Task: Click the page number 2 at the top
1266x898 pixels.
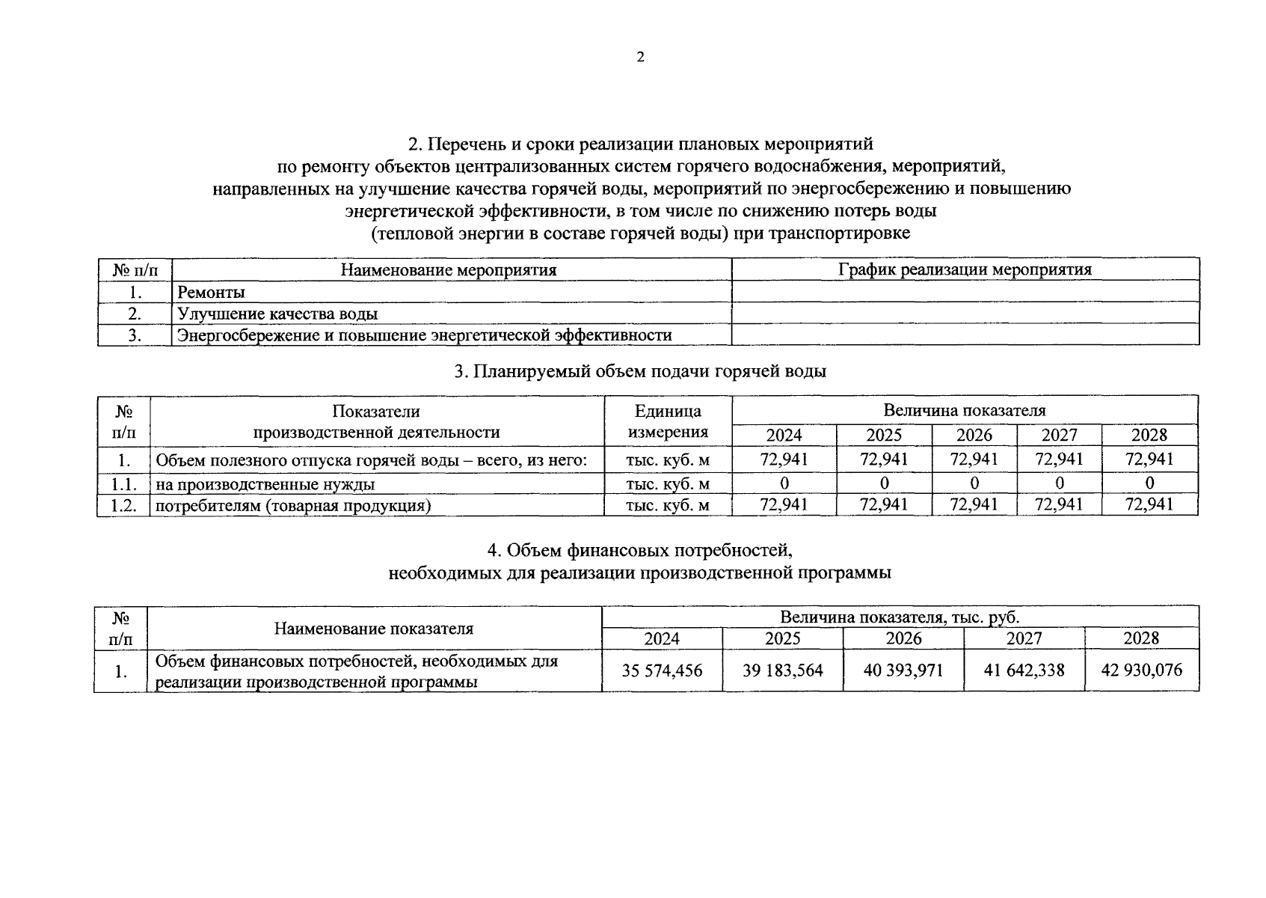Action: coord(640,58)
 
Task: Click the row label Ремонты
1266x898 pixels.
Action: coord(211,293)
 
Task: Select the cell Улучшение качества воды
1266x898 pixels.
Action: coord(277,314)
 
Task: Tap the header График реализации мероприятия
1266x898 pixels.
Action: coord(965,269)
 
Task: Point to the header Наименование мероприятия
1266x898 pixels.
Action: coord(449,270)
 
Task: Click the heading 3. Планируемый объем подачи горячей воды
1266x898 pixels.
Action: coord(640,371)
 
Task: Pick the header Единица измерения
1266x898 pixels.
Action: coord(668,421)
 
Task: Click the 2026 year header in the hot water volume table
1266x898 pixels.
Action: coord(974,436)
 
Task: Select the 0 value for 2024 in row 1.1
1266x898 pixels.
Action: coord(784,483)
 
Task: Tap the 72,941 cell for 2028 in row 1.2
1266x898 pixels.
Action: coord(1149,504)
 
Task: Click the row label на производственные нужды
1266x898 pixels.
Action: coord(265,484)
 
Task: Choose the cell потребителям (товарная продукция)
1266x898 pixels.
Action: coord(293,506)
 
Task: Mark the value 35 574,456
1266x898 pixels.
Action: coord(662,671)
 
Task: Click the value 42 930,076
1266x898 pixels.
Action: coord(1142,671)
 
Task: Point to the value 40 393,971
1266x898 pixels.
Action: coord(903,671)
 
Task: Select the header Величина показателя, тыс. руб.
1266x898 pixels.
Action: coord(900,617)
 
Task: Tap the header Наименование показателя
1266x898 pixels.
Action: coord(374,629)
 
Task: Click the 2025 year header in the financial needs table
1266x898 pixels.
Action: coord(782,639)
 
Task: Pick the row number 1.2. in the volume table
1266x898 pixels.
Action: coord(123,505)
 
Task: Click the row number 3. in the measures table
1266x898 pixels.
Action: coord(135,335)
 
